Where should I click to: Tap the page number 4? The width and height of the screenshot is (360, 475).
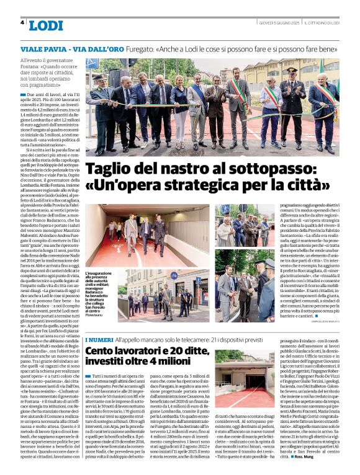pos(22,22)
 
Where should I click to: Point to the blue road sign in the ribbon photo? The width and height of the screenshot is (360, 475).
pos(92,64)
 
